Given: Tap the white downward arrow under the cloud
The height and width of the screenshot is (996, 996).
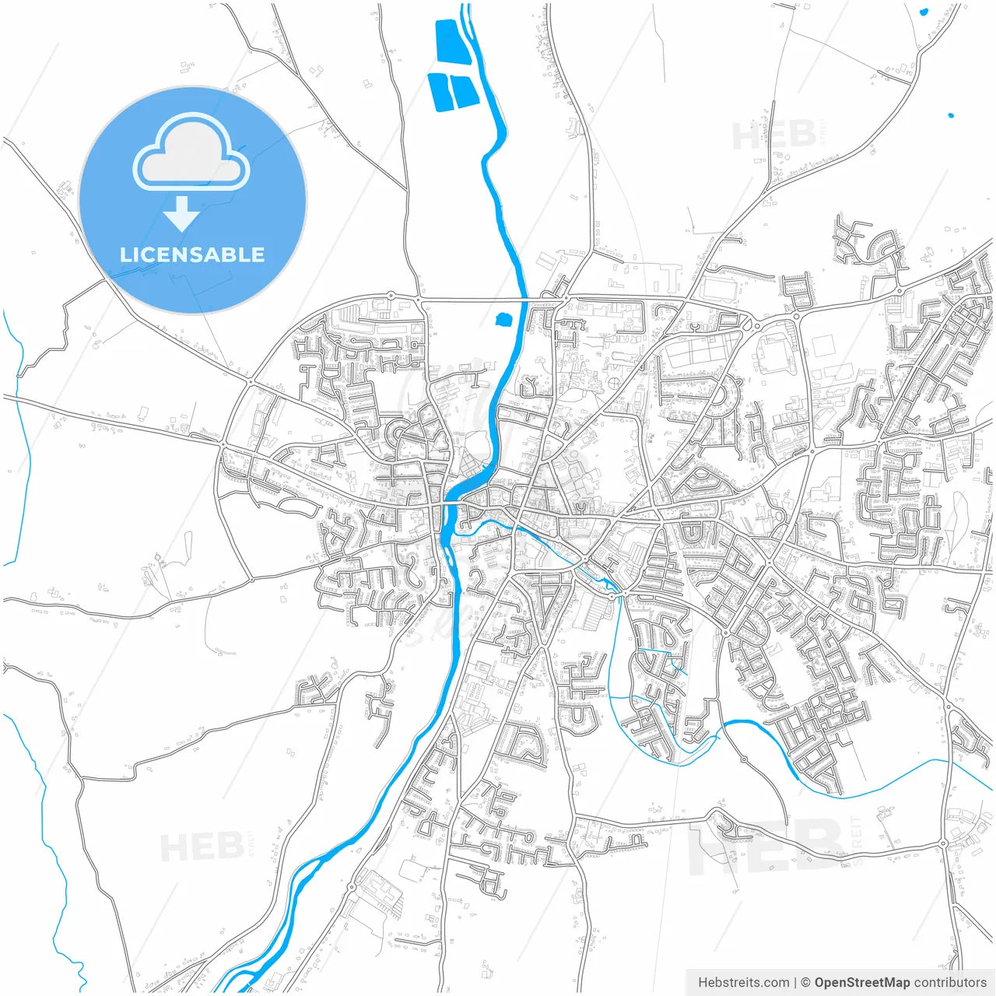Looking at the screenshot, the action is pyautogui.click(x=181, y=213).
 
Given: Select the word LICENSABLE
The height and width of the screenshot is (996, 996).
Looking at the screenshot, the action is pyautogui.click(x=192, y=255).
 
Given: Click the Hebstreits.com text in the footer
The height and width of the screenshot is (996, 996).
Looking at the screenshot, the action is pyautogui.click(x=743, y=983).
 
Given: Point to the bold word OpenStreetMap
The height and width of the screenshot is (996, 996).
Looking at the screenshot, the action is pyautogui.click(x=862, y=983).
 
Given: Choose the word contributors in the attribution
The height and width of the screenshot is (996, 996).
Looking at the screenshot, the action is pyautogui.click(x=951, y=983).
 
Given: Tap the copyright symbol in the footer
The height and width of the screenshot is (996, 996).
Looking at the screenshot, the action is pyautogui.click(x=805, y=983).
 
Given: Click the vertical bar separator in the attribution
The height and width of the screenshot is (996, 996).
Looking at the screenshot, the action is pyautogui.click(x=795, y=983).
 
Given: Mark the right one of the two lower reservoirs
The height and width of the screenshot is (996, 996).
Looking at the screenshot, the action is pyautogui.click(x=464, y=92).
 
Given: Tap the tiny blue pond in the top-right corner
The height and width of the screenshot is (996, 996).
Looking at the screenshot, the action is pyautogui.click(x=924, y=12).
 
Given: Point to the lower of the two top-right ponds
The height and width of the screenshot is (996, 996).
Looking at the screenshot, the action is pyautogui.click(x=951, y=116).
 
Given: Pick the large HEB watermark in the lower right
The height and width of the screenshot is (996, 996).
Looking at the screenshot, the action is pyautogui.click(x=766, y=846).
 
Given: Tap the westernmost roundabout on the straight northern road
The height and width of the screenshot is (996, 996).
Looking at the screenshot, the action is pyautogui.click(x=391, y=296).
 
